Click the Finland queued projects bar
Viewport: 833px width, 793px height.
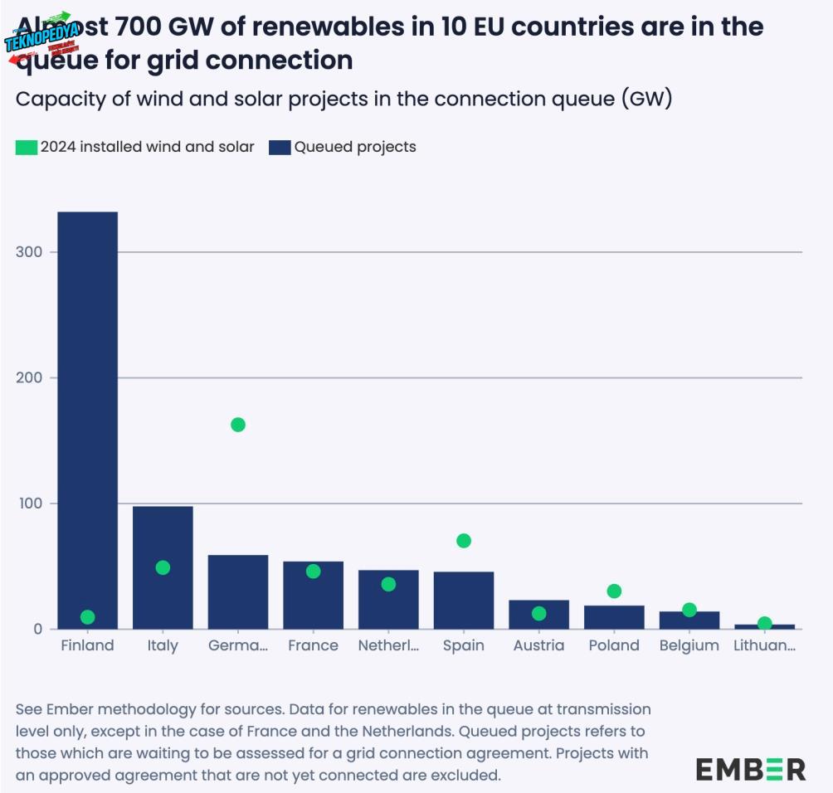(87, 415)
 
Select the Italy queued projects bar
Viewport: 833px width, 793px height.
(163, 597)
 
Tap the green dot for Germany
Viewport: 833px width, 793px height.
(238, 425)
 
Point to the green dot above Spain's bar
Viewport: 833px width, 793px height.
(464, 541)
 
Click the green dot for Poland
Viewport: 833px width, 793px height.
(614, 591)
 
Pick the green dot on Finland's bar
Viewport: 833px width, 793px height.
(87, 617)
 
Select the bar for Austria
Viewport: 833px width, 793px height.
(538, 615)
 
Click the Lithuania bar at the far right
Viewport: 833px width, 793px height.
(764, 626)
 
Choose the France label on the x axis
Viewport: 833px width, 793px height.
(313, 645)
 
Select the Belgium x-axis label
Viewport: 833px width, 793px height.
(689, 645)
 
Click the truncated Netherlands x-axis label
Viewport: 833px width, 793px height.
(388, 645)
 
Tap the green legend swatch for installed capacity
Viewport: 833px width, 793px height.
(27, 148)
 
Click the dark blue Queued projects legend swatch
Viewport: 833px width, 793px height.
(280, 148)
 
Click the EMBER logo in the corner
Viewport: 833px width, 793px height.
(750, 769)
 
